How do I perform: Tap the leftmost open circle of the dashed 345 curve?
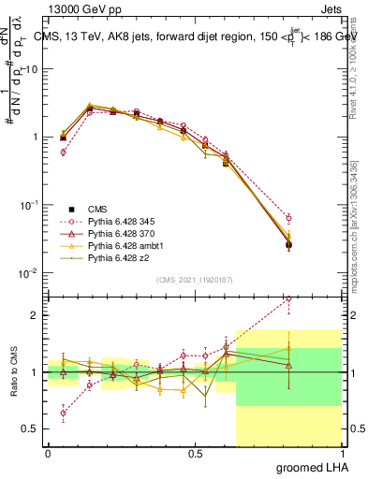pos(63,152)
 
